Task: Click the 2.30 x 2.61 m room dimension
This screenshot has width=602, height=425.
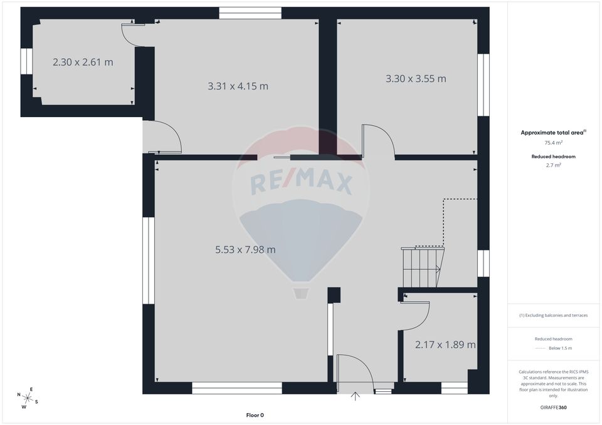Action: point(83,62)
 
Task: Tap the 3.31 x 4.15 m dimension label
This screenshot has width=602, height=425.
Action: point(238,86)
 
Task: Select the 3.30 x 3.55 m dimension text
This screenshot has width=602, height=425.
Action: point(415,78)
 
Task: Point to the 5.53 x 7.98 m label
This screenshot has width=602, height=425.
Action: point(245,249)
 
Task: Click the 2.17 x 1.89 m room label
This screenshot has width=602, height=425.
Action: point(445,344)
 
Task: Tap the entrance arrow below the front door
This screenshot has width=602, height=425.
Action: point(356,396)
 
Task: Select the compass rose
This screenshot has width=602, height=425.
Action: point(28,397)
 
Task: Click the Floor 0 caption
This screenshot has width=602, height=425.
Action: point(255,415)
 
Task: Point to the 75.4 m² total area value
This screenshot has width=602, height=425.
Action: point(553,143)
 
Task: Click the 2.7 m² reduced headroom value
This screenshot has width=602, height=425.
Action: point(553,165)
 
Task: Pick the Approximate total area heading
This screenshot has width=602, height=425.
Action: point(552,132)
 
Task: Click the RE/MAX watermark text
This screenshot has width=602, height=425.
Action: point(301,183)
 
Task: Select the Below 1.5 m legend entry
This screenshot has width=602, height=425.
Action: point(560,348)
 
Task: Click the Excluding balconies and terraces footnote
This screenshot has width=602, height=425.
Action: point(553,315)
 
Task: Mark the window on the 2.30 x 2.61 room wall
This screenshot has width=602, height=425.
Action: point(26,61)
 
